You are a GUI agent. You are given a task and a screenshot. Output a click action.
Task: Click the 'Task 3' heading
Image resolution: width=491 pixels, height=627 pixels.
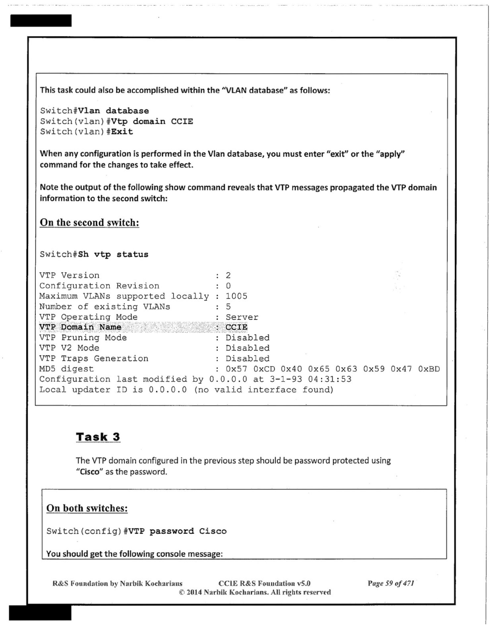(x=98, y=437)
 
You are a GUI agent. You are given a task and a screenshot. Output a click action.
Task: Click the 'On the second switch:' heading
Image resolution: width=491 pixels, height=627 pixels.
(x=89, y=223)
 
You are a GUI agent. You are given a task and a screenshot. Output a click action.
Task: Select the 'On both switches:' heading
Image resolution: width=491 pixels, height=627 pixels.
(x=87, y=508)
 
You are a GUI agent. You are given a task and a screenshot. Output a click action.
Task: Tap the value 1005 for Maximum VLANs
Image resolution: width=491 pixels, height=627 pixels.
(x=236, y=296)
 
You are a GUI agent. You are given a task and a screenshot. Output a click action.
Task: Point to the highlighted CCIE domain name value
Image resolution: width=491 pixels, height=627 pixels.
(x=236, y=327)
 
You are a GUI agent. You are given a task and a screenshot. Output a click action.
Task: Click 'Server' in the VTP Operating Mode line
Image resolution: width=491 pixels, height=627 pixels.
(x=242, y=317)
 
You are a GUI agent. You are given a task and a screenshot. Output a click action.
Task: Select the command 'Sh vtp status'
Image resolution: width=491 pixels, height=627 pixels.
(x=113, y=254)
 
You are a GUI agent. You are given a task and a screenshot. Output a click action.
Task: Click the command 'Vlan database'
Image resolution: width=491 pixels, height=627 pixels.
(x=114, y=111)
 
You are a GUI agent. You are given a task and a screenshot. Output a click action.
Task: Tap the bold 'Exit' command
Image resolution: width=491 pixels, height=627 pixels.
(x=122, y=132)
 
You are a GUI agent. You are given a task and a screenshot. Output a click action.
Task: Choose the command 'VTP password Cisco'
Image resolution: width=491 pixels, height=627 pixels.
(x=177, y=531)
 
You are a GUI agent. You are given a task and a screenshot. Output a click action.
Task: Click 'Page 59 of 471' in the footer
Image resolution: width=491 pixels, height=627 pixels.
(x=391, y=583)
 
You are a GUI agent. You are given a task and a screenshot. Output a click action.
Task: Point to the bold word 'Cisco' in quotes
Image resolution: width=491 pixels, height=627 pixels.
(x=90, y=472)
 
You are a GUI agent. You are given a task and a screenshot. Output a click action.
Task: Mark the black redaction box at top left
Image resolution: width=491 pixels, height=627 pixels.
(x=41, y=21)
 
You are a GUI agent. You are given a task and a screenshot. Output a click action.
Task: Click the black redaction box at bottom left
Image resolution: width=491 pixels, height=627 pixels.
(x=40, y=613)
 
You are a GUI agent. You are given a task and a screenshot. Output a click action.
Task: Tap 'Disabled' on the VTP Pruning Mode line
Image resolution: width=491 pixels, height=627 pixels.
(x=247, y=338)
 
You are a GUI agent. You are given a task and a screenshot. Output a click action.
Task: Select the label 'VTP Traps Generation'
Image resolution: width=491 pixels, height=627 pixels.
(x=94, y=358)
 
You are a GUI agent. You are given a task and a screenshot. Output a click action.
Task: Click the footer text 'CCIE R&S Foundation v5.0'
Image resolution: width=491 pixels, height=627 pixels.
(x=264, y=583)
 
